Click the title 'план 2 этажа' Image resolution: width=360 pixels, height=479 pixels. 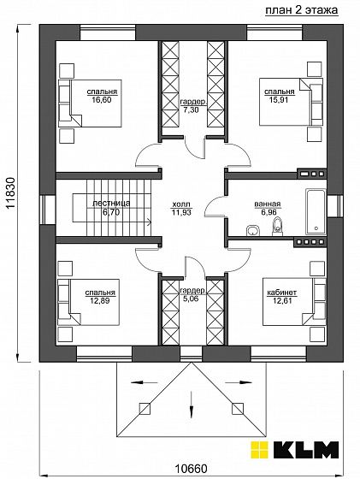(301, 9)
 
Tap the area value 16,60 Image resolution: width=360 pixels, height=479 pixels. (102, 99)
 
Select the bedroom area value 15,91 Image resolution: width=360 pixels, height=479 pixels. (279, 99)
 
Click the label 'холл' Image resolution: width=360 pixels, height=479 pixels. (181, 204)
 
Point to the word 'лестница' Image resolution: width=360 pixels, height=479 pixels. (111, 204)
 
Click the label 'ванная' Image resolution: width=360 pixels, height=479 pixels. (268, 204)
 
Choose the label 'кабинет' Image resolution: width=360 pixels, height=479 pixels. (282, 293)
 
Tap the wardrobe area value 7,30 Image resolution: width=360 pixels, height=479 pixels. (192, 110)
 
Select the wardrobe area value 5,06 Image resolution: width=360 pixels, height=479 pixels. (192, 299)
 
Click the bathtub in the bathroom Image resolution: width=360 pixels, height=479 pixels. (316, 211)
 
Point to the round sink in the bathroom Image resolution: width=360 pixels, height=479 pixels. (252, 231)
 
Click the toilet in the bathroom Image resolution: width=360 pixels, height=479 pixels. (278, 227)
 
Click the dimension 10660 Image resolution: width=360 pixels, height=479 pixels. (192, 468)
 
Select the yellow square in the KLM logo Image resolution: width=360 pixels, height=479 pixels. (259, 449)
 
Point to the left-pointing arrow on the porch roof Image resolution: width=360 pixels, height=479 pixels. (145, 382)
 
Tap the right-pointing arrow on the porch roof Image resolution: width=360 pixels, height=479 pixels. (239, 382)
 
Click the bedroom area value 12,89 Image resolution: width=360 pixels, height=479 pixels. (100, 300)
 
